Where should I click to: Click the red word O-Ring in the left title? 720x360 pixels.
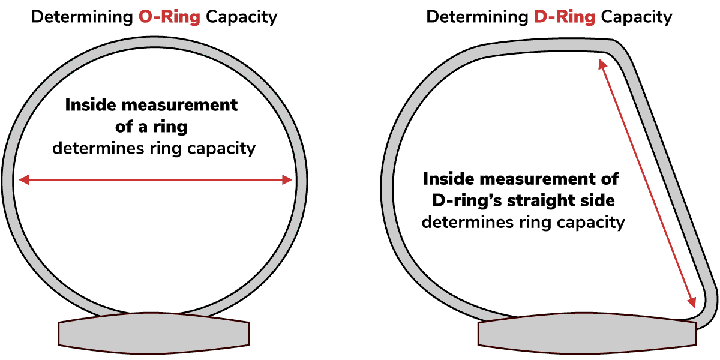tap(169, 16)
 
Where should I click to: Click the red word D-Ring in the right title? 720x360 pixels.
tap(564, 16)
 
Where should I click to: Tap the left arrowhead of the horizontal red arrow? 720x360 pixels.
tap(23, 179)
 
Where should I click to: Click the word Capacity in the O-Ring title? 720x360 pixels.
tap(241, 16)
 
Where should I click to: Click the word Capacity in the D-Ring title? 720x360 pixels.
tap(637, 16)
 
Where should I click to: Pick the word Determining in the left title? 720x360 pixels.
tap(82, 16)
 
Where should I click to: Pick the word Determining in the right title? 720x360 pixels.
tap(477, 16)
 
